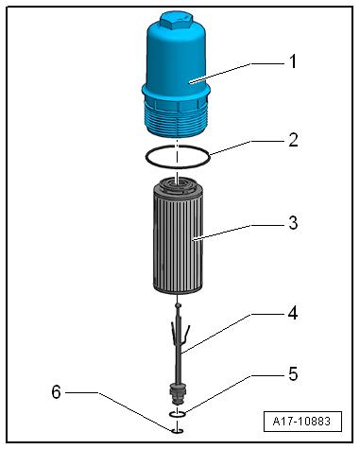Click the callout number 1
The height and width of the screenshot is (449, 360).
[x=293, y=61]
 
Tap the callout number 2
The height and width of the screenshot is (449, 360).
[x=293, y=140]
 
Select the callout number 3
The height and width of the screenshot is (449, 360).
[x=293, y=223]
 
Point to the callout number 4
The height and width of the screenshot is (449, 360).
[x=293, y=313]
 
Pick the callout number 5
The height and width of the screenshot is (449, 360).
[x=293, y=374]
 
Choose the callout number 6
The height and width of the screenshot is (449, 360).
[x=56, y=392]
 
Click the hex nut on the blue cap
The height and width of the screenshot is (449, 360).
[x=177, y=21]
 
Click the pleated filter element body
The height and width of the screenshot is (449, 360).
[x=178, y=243]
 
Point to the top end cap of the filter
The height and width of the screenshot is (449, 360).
[x=177, y=185]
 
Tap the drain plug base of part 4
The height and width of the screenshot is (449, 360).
[x=178, y=394]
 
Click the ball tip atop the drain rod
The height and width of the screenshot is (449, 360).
[x=179, y=305]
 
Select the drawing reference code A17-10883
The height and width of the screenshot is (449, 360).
[x=302, y=422]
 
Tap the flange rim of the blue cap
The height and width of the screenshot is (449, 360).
[x=176, y=92]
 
